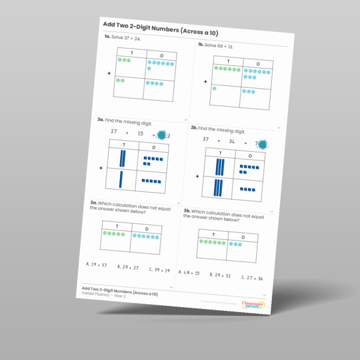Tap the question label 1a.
(107, 37)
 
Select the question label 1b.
(202, 45)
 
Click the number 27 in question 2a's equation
(113, 130)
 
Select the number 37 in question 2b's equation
(206, 139)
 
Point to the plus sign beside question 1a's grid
(109, 74)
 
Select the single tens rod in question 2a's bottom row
(121, 179)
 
